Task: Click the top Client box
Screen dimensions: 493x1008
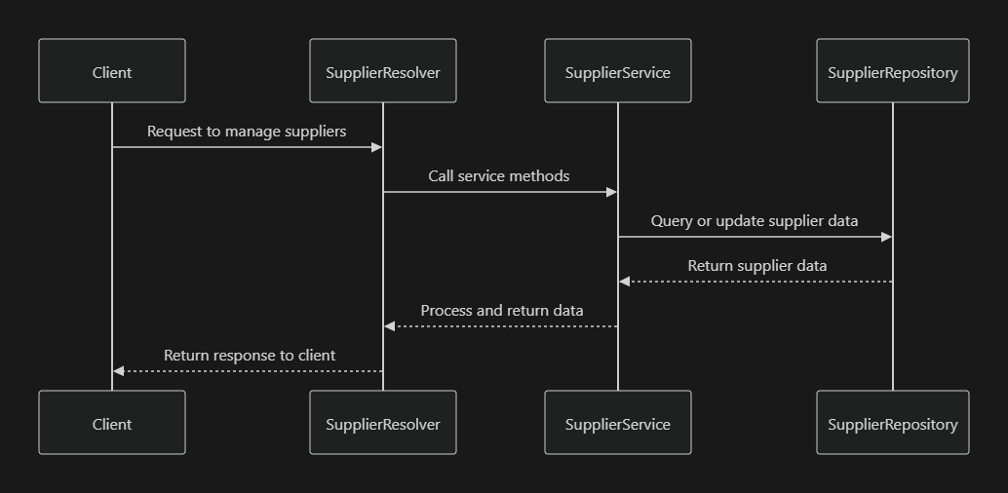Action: point(112,71)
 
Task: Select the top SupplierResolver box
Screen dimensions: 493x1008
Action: point(383,71)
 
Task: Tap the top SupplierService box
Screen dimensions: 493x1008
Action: point(618,71)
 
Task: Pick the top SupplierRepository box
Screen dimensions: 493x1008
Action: point(893,71)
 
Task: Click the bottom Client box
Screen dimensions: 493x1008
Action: point(112,423)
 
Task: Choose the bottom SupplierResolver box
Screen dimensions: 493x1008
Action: point(383,423)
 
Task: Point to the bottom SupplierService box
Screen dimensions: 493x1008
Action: point(618,423)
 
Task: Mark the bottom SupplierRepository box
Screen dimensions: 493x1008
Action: point(893,423)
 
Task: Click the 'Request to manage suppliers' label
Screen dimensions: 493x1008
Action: point(247,131)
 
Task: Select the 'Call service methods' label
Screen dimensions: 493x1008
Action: point(499,176)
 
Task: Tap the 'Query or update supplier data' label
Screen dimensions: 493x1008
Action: point(755,221)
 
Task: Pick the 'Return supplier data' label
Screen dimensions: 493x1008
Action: point(757,265)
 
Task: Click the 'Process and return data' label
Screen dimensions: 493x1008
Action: point(502,311)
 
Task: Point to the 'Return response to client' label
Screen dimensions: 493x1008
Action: point(250,356)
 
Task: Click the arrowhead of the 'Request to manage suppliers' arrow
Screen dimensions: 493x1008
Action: point(376,147)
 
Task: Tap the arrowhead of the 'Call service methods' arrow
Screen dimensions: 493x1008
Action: point(611,192)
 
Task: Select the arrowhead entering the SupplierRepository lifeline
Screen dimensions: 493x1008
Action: point(886,237)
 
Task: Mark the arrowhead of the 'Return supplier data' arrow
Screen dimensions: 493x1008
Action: point(625,282)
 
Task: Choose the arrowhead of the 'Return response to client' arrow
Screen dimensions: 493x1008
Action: point(119,371)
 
